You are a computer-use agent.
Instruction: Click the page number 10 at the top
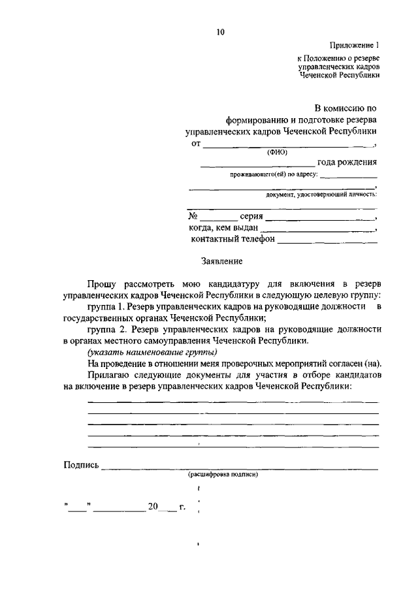220,30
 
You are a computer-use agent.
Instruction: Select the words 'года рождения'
347,163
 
